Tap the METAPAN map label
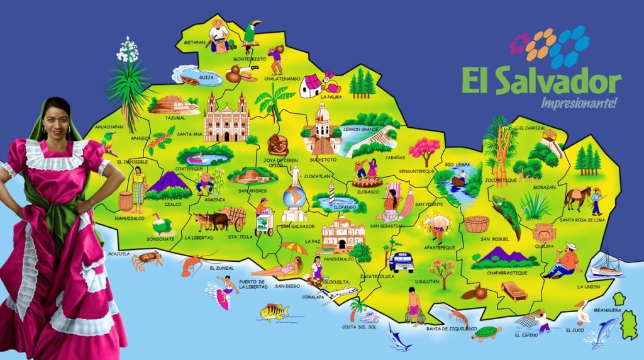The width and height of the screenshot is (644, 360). coord(194,42)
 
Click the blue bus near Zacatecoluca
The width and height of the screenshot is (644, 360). coord(401,261)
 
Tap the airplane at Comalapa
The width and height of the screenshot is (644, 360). coord(342,292)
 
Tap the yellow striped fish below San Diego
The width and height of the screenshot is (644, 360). coord(274,311)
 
